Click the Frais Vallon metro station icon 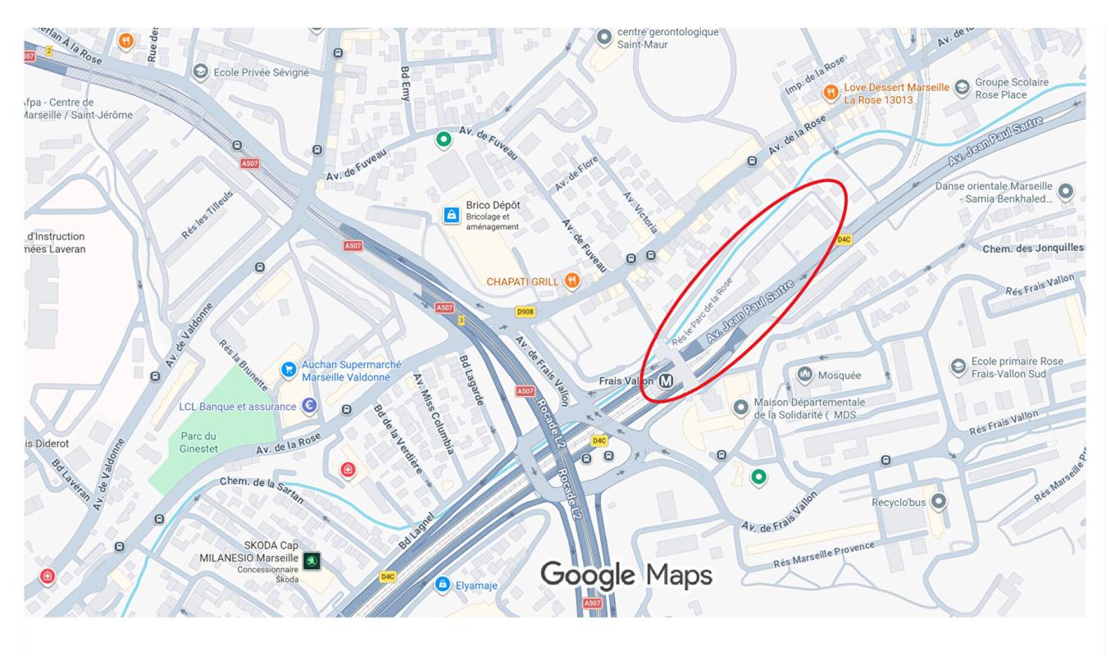click(667, 380)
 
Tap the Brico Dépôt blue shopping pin click(450, 215)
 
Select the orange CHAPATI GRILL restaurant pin click(572, 280)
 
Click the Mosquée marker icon click(804, 375)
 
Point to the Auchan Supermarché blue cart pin click(288, 370)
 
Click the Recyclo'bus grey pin click(940, 500)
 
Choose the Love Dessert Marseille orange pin click(831, 91)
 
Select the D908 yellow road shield click(525, 312)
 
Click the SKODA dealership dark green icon click(312, 561)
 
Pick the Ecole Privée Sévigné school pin click(198, 71)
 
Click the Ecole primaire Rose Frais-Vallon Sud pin click(957, 366)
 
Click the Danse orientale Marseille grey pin click(1065, 191)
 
